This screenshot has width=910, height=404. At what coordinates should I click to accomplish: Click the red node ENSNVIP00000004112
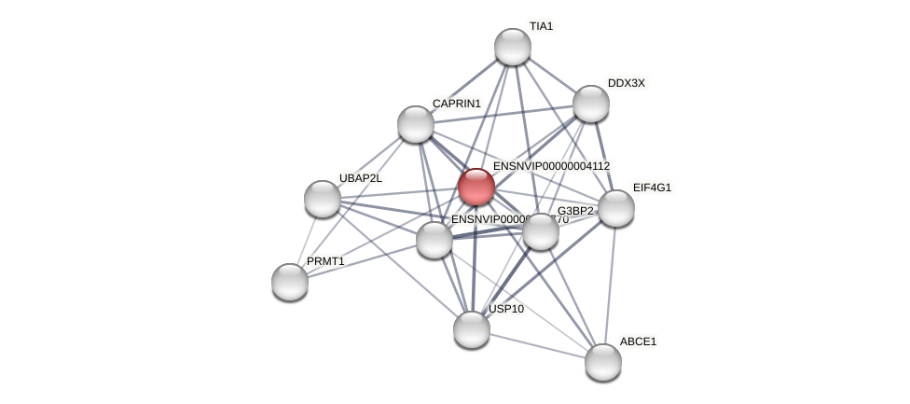pyautogui.click(x=476, y=186)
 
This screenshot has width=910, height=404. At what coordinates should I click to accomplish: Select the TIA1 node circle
pyautogui.click(x=512, y=47)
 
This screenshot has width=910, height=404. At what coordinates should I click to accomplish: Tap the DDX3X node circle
pyautogui.click(x=590, y=104)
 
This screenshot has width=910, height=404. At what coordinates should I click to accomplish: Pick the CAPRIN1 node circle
pyautogui.click(x=416, y=124)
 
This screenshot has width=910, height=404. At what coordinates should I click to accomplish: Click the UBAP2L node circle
pyautogui.click(x=323, y=199)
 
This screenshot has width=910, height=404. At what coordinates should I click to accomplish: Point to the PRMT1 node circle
pyautogui.click(x=290, y=281)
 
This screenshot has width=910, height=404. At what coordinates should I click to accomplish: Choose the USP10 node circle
pyautogui.click(x=472, y=328)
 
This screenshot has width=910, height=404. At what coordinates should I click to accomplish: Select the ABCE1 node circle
pyautogui.click(x=603, y=361)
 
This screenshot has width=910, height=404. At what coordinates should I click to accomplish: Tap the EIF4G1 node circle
pyautogui.click(x=615, y=208)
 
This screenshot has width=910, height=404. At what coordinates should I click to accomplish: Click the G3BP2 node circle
pyautogui.click(x=541, y=231)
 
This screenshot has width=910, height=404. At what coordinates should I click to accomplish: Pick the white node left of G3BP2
pyautogui.click(x=434, y=240)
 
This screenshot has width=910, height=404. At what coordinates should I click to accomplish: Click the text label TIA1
pyautogui.click(x=541, y=27)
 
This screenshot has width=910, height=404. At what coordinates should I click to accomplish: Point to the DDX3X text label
pyautogui.click(x=626, y=83)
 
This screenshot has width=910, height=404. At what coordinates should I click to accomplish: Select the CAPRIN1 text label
pyautogui.click(x=456, y=104)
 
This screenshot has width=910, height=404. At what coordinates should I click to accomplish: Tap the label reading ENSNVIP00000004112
pyautogui.click(x=551, y=166)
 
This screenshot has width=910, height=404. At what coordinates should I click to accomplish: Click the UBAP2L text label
pyautogui.click(x=360, y=178)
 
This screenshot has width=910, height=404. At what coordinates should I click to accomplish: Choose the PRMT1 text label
pyautogui.click(x=325, y=261)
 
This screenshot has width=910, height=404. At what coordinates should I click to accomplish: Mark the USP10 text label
pyautogui.click(x=506, y=309)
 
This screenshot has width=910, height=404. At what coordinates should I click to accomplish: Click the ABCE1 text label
pyautogui.click(x=638, y=341)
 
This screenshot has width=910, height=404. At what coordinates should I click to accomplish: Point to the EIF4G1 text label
pyautogui.click(x=652, y=188)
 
